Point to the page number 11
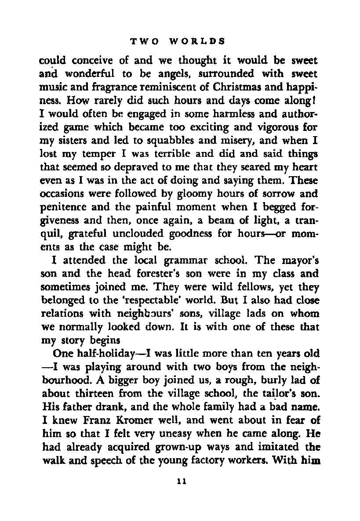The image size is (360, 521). click(x=180, y=481)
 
